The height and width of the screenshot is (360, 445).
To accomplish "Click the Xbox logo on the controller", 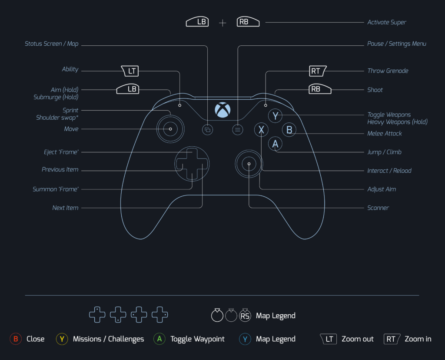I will pyautogui.click(x=222, y=110).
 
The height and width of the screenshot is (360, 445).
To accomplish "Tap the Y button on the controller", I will pyautogui.click(x=276, y=116).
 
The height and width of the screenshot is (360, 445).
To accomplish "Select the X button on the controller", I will pyautogui.click(x=261, y=129).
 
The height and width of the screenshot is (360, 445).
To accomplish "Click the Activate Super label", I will pyautogui.click(x=387, y=22).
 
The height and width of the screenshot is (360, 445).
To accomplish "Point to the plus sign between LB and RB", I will pyautogui.click(x=222, y=23).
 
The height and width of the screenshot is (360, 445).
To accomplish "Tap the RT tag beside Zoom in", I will pyautogui.click(x=392, y=339).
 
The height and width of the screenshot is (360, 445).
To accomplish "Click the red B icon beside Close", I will pyautogui.click(x=16, y=339).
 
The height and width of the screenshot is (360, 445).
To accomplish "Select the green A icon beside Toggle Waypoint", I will pyautogui.click(x=159, y=339).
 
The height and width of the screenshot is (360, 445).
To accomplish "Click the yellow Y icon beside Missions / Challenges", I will pyautogui.click(x=62, y=339).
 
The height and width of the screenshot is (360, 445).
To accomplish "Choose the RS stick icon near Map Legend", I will pyautogui.click(x=245, y=316).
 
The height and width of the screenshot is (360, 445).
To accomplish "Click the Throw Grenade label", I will pyautogui.click(x=388, y=71).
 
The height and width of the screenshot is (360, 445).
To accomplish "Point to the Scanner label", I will pyautogui.click(x=378, y=208).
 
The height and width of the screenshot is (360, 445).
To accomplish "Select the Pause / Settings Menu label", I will pyautogui.click(x=397, y=44).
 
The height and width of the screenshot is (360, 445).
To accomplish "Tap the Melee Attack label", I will pyautogui.click(x=385, y=133).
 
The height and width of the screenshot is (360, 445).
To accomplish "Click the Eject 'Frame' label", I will pyautogui.click(x=61, y=152).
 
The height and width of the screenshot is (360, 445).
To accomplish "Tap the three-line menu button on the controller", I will pyautogui.click(x=237, y=129).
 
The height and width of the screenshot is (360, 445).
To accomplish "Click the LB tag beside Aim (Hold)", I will pyautogui.click(x=132, y=89).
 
